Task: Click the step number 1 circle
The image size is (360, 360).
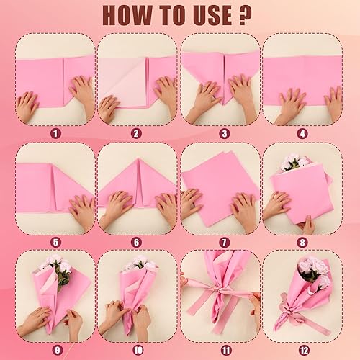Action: [55, 132]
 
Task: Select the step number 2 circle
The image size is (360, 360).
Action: [137, 132]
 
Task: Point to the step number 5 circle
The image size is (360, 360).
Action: [55, 241]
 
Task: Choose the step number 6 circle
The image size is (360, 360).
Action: [137, 241]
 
